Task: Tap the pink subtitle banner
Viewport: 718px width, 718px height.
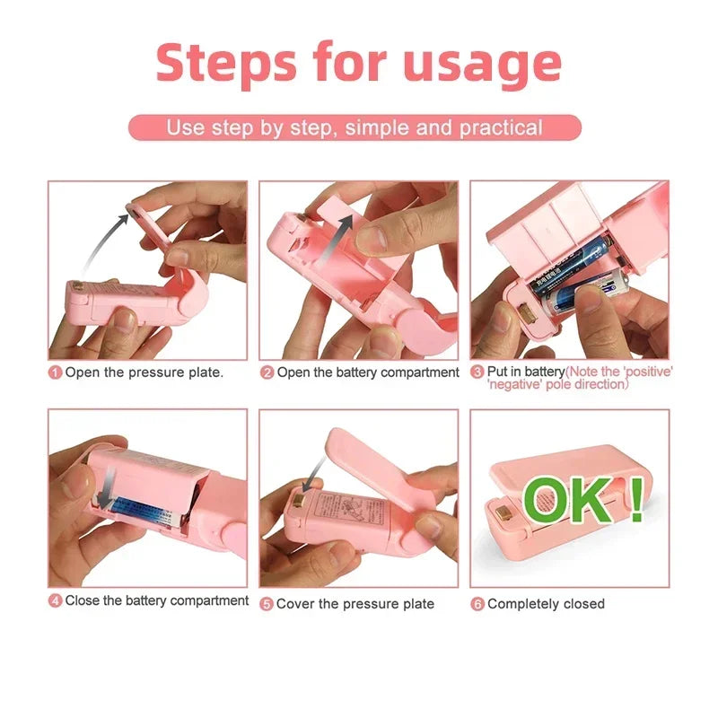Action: [355, 127]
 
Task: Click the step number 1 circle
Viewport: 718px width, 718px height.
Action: [55, 372]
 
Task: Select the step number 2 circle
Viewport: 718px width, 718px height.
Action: [267, 372]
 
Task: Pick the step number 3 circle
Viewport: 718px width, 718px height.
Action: [477, 372]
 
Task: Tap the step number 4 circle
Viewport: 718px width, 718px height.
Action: [55, 600]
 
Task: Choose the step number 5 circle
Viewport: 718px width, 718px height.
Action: [267, 604]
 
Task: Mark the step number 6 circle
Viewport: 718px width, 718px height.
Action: [477, 604]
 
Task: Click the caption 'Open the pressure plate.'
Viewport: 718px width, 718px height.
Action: [144, 372]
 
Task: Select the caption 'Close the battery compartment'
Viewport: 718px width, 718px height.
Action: [156, 600]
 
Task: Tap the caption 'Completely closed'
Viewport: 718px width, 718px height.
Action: [546, 604]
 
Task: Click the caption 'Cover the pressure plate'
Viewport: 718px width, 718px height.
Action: [355, 604]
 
